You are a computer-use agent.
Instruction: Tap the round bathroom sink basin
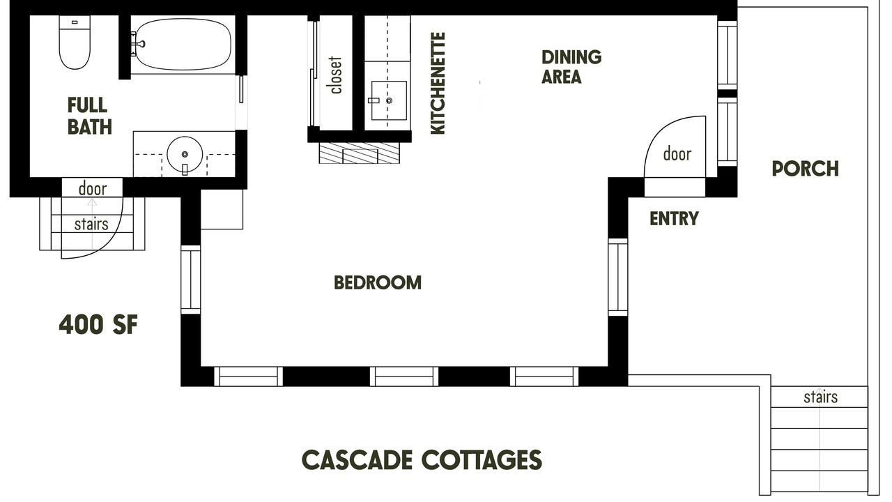pos(185,155)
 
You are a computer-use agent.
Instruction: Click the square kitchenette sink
pos(389,100)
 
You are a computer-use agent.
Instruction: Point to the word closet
pos(336,75)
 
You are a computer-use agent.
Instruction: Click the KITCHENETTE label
pos(438,83)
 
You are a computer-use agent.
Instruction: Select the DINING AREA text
pos(571,67)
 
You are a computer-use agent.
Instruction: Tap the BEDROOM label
pos(378,282)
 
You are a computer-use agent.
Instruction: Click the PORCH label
pos(805,169)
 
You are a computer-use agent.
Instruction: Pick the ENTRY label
pos(674,218)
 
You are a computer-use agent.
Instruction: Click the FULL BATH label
pos(90,116)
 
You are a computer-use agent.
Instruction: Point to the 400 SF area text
pos(98,324)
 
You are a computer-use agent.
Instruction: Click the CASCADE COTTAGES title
pos(422,459)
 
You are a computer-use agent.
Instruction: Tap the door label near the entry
pos(677,153)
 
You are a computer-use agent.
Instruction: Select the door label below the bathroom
pos(93,188)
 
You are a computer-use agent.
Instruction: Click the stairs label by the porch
pos(820,397)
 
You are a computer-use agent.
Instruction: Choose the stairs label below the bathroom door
pos(91,224)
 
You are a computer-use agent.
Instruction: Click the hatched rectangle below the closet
pos(359,153)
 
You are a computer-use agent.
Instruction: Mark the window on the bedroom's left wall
pos(191,280)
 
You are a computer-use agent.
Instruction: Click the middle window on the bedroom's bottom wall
pos(404,376)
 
